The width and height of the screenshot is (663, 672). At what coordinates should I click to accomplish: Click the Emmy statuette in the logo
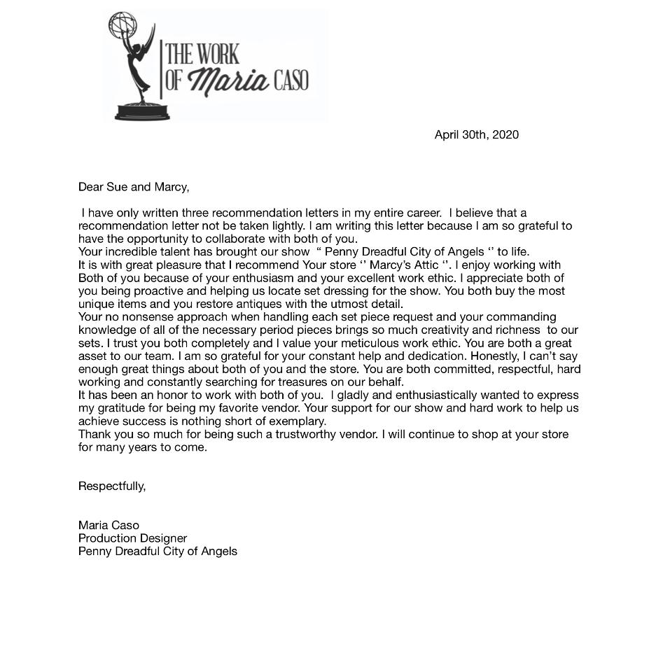tap(140, 70)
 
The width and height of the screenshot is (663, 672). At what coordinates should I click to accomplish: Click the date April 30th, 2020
tap(476, 134)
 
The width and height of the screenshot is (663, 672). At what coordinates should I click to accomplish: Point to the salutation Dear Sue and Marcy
tap(134, 187)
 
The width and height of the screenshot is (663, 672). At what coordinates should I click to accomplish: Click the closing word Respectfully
tap(112, 486)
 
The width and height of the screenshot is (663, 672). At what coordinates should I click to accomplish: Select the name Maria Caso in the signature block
tap(109, 525)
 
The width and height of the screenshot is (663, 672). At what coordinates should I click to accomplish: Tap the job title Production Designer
tap(132, 538)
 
